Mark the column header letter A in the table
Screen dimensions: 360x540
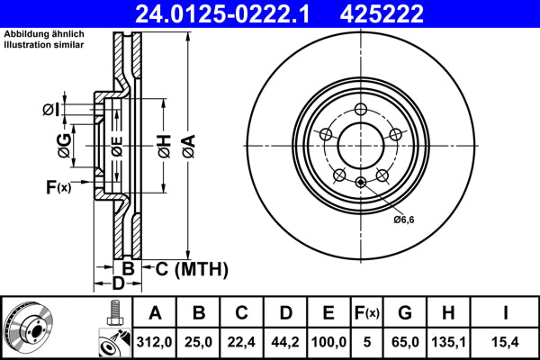tap(155, 312)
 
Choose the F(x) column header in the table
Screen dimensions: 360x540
tap(365, 312)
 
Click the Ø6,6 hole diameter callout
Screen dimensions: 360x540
tap(403, 219)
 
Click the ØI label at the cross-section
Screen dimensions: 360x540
tap(50, 110)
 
